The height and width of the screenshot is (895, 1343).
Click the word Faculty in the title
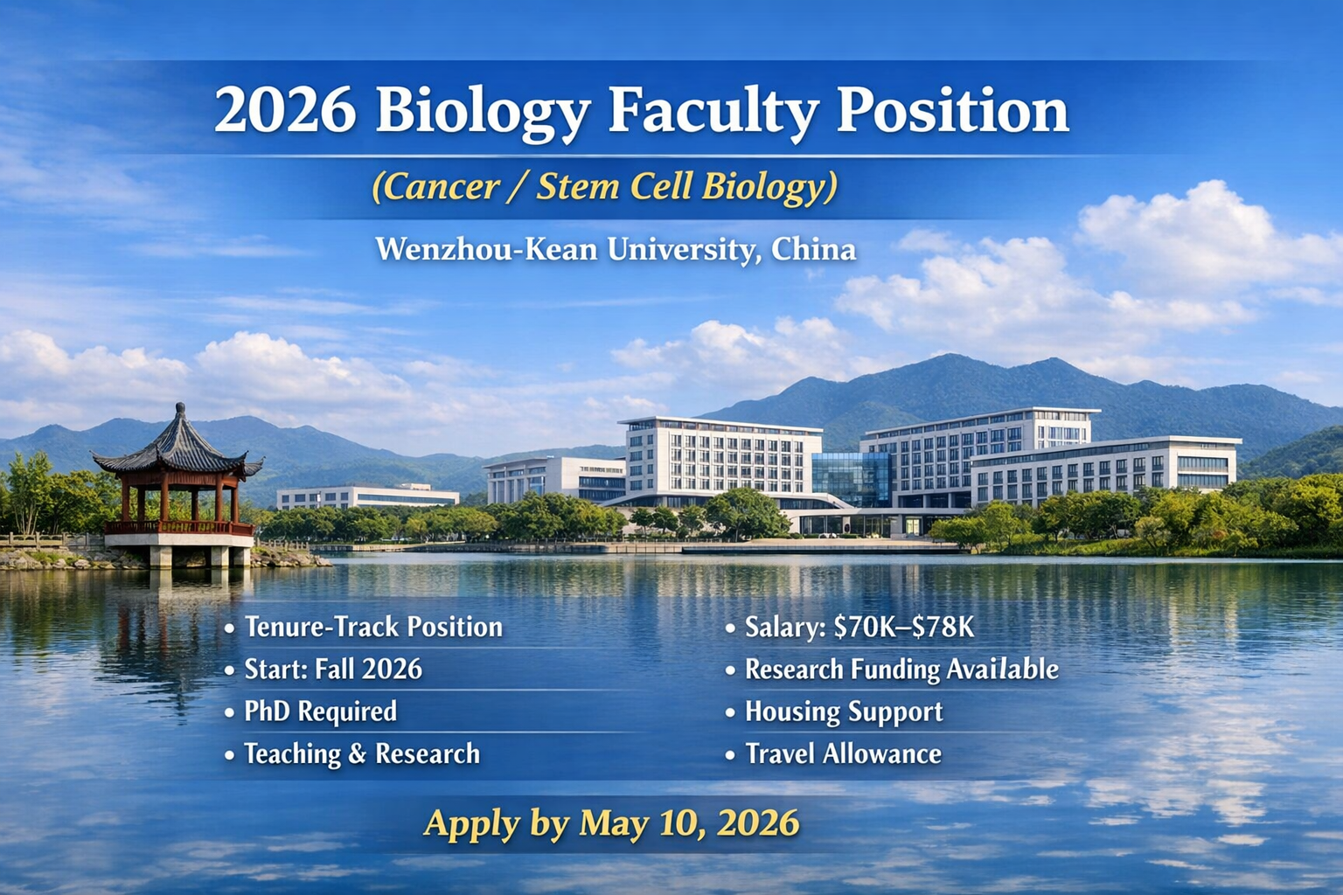coord(713,111)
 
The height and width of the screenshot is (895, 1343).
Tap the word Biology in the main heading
coord(484,112)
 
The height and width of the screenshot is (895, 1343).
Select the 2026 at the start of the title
coord(285,111)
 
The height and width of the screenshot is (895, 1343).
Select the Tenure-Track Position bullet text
coord(373,627)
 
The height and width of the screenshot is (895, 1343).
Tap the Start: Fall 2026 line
coord(333,669)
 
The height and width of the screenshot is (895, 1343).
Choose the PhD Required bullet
coord(320,711)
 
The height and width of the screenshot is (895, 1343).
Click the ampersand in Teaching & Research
coord(357,753)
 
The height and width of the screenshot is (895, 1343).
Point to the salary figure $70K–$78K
coord(904,627)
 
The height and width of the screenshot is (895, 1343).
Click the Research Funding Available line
coord(901,669)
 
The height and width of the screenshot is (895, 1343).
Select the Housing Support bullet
coord(844,711)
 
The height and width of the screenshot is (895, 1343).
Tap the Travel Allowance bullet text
coord(843,753)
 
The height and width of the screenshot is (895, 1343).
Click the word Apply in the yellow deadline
coord(472,824)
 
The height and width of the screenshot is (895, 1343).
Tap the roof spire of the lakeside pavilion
coord(180,409)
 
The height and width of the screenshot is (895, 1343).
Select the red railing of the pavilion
coord(178,528)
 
